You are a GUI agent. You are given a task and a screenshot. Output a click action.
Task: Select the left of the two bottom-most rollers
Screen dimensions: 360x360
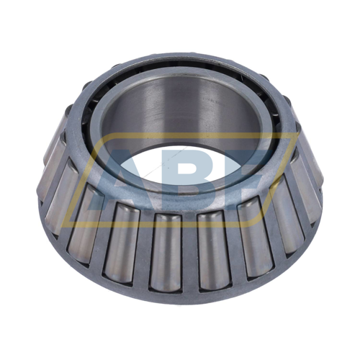pos(166,252)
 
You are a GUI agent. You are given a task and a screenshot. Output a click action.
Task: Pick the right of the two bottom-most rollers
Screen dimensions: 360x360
pos(214,251)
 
